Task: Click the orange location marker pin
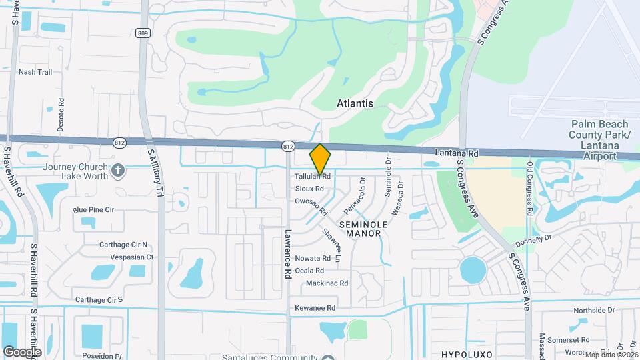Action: [x=321, y=159]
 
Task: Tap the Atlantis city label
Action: [x=355, y=103]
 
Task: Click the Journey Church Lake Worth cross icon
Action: [x=119, y=171]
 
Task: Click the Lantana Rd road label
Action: [x=457, y=153]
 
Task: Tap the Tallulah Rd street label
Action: [x=313, y=177]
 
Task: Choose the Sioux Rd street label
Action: [x=309, y=189]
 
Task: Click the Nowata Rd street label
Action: [x=313, y=258]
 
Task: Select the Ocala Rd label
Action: [x=309, y=271]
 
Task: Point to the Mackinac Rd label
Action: [x=327, y=283]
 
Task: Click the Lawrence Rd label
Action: [x=288, y=254]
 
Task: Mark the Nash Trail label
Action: [x=35, y=72]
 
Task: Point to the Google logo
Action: [x=22, y=351]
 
